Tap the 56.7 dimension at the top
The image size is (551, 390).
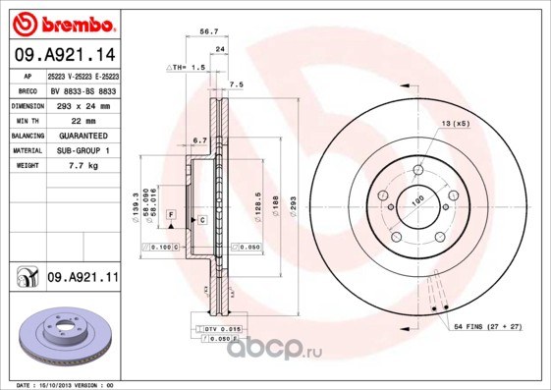[x=208, y=31]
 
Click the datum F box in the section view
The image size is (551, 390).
[x=170, y=213]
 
